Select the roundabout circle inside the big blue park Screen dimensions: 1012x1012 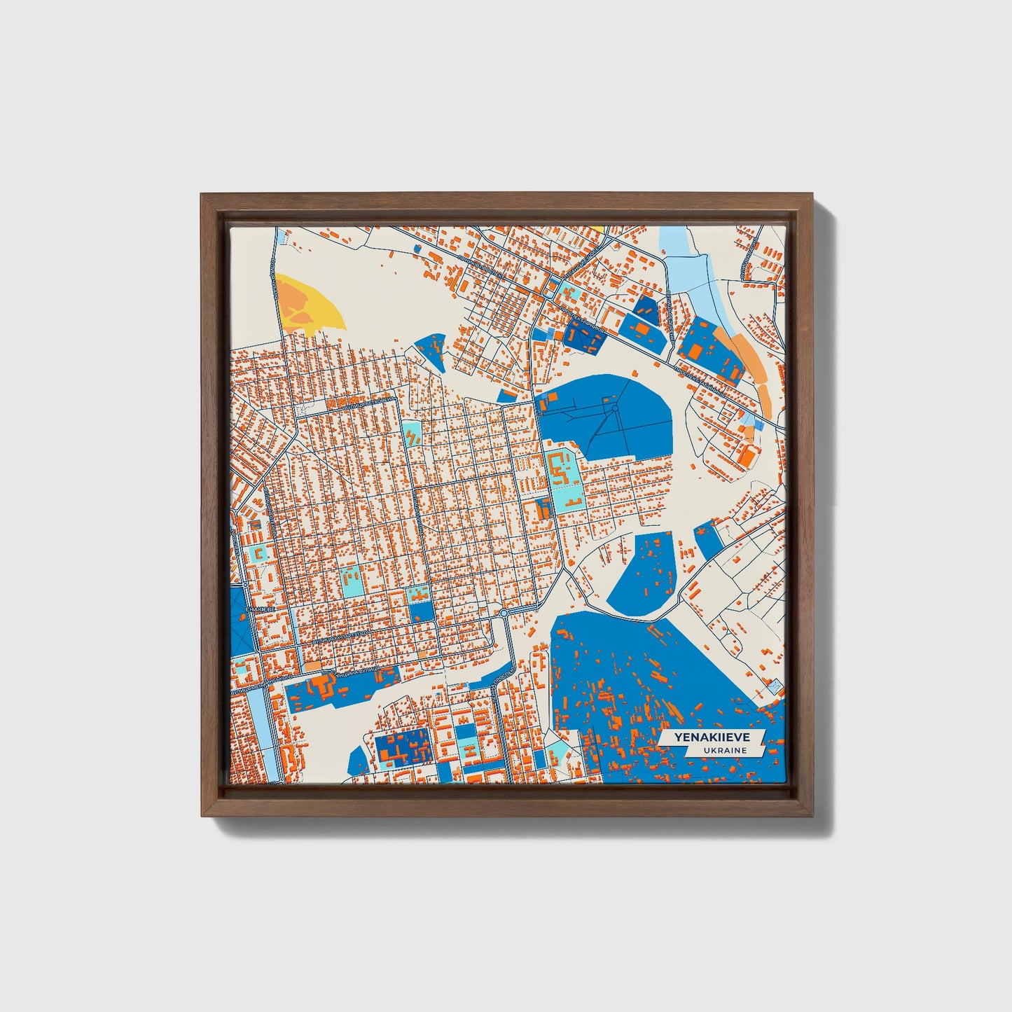click(x=614, y=408)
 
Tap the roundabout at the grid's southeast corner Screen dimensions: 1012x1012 click(x=504, y=613)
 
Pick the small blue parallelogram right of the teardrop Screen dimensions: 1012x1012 click(x=709, y=539)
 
